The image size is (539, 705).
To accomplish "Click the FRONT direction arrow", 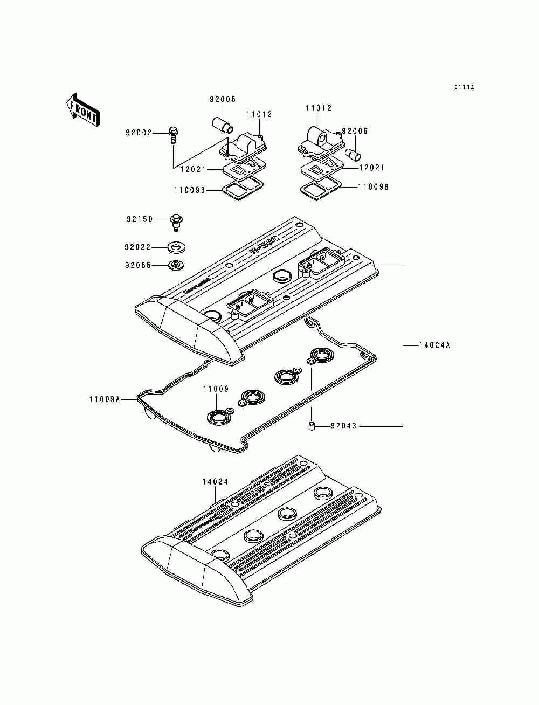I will (x=82, y=110).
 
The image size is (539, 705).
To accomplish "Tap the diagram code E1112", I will (x=464, y=87).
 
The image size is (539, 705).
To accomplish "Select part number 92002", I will (x=139, y=133).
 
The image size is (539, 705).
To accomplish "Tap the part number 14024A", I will (x=434, y=345).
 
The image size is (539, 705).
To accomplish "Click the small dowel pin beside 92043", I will (x=311, y=427).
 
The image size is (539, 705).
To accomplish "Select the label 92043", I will (x=343, y=426).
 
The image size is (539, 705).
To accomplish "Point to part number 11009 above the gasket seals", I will (x=216, y=389).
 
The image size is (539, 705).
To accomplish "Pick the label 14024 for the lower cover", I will (x=215, y=482).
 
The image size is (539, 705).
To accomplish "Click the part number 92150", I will (x=140, y=219).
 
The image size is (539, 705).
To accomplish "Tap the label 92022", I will (x=137, y=247).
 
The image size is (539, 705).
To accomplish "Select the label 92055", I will (x=137, y=266).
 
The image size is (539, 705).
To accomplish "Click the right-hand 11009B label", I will (x=374, y=187).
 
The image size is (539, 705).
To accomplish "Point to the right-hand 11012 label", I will (x=319, y=108).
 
